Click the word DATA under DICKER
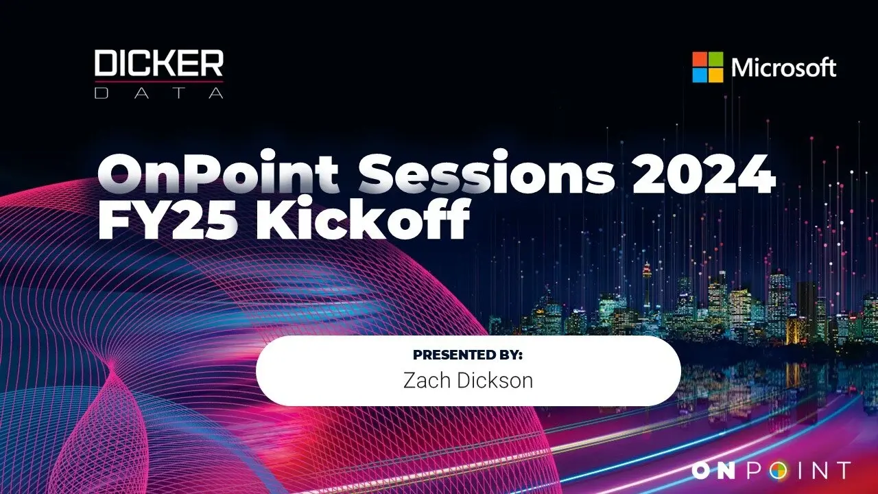tap(158, 93)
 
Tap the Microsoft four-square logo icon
tap(707, 67)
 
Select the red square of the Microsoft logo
tap(700, 60)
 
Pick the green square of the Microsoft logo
tap(715, 60)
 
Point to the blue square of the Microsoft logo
tap(700, 75)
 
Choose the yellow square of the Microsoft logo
tap(715, 75)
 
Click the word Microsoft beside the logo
tap(783, 67)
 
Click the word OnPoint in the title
tap(218, 172)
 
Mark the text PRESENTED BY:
tap(468, 355)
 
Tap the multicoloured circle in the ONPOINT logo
tap(778, 471)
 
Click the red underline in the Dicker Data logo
tap(158, 82)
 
